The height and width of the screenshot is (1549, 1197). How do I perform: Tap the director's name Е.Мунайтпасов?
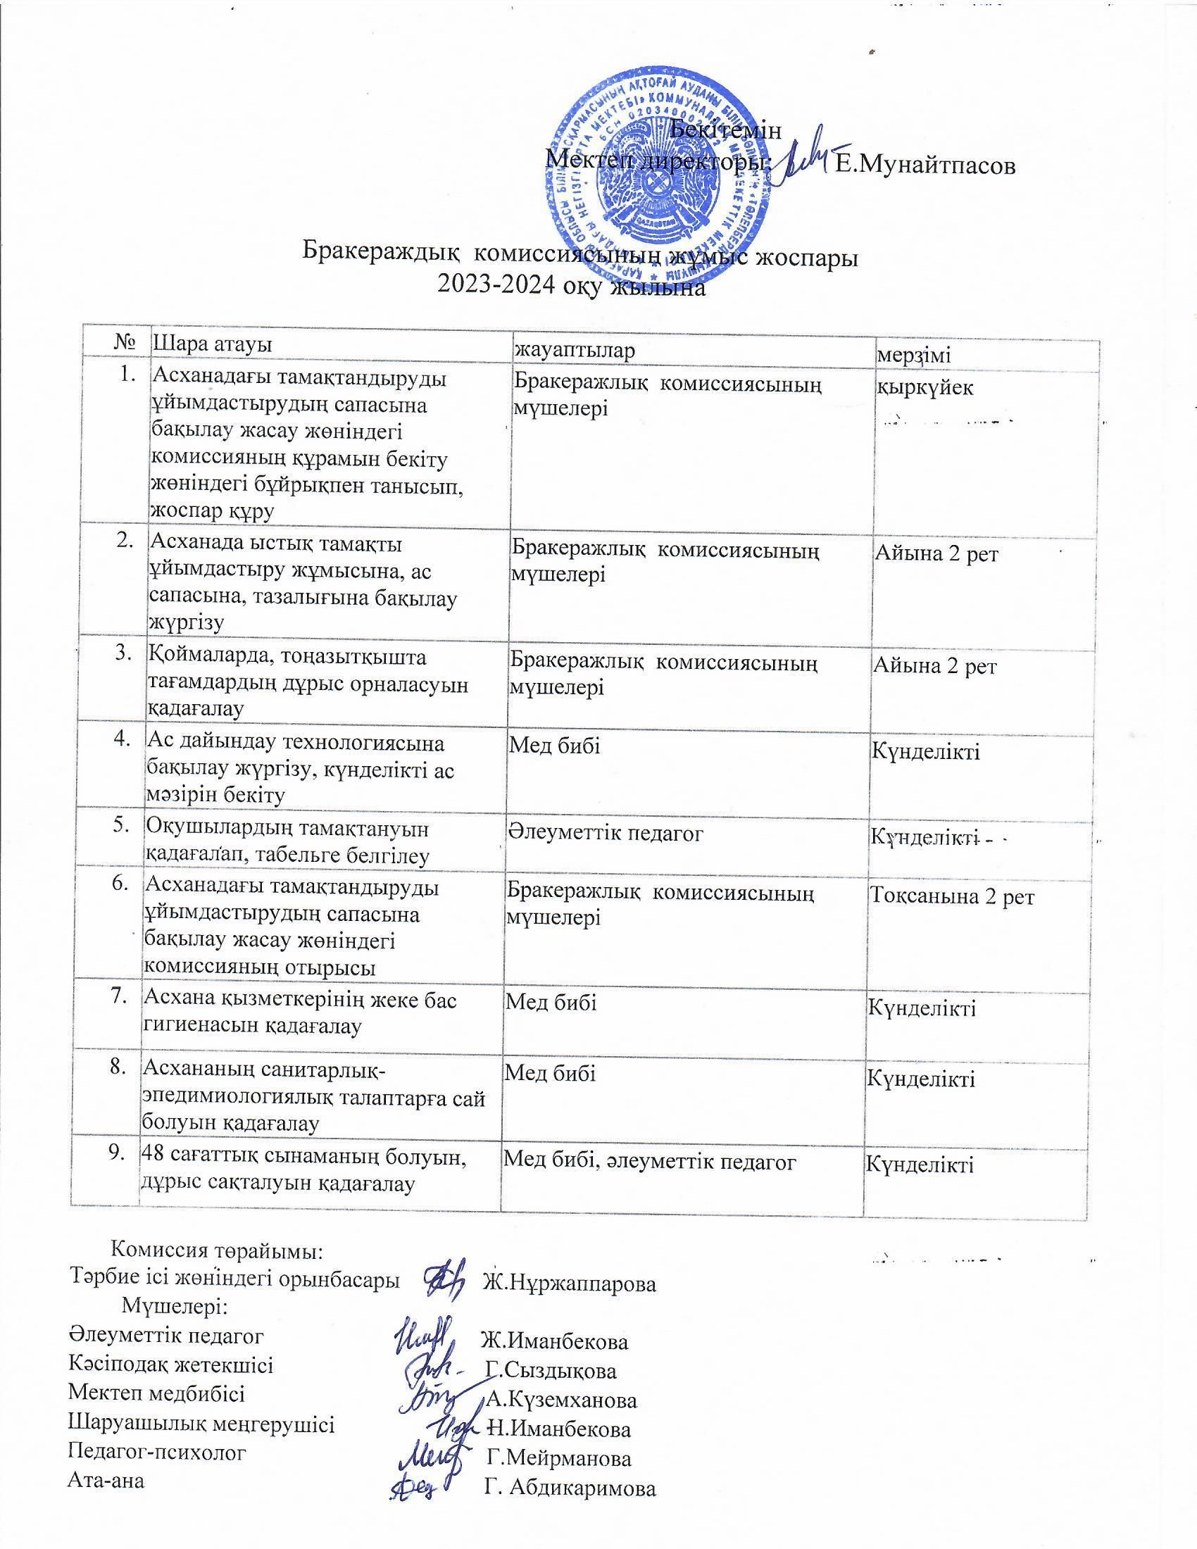(x=925, y=165)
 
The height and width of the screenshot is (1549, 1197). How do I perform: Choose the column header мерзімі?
(x=914, y=355)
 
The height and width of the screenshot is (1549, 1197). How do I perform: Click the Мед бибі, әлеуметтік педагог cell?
(x=650, y=1161)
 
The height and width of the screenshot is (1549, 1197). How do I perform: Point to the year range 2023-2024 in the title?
(x=496, y=288)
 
